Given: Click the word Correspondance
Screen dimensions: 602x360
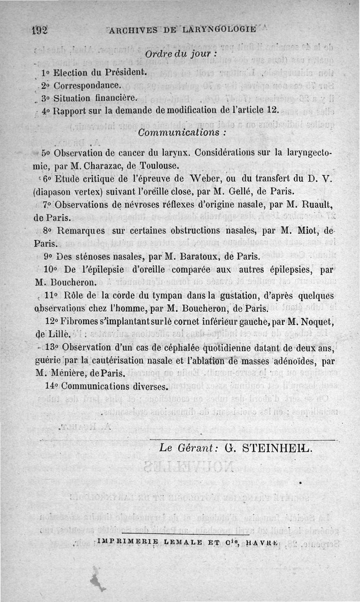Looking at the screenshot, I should (86, 85).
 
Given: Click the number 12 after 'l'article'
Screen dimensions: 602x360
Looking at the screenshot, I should (273, 110).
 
